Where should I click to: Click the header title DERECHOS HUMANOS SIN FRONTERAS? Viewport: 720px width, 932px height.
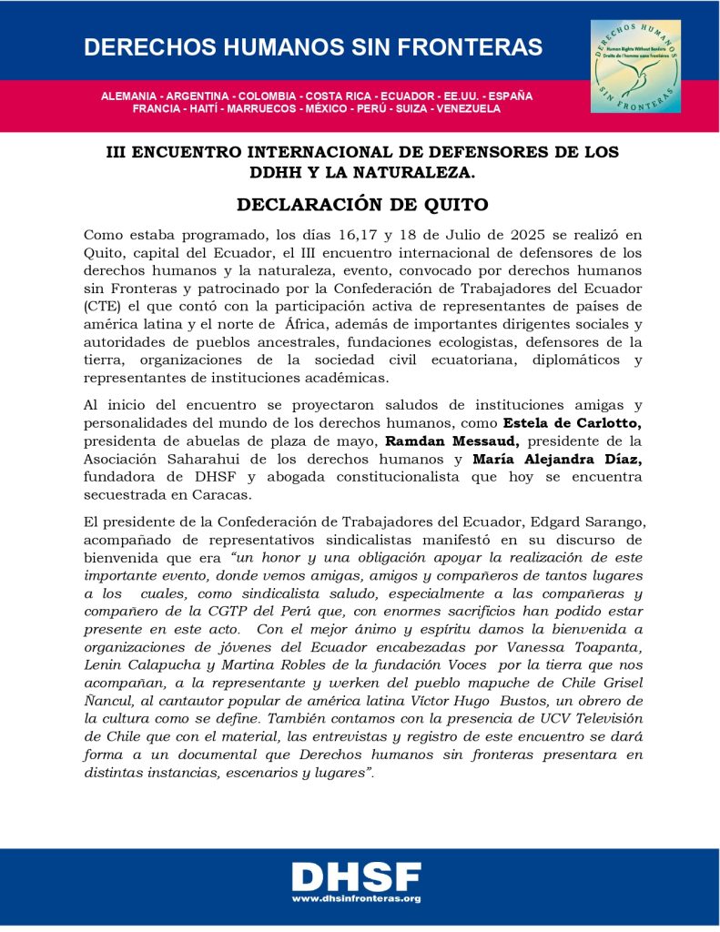coord(313,47)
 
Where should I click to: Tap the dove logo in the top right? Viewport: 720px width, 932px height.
coord(634,66)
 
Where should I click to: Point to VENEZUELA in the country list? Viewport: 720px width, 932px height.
coord(468,108)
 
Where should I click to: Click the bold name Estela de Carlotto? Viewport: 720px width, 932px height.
coord(563,423)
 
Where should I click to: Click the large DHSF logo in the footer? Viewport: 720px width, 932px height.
coord(356,876)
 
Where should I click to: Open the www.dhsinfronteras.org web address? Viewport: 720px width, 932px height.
coord(356,898)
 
